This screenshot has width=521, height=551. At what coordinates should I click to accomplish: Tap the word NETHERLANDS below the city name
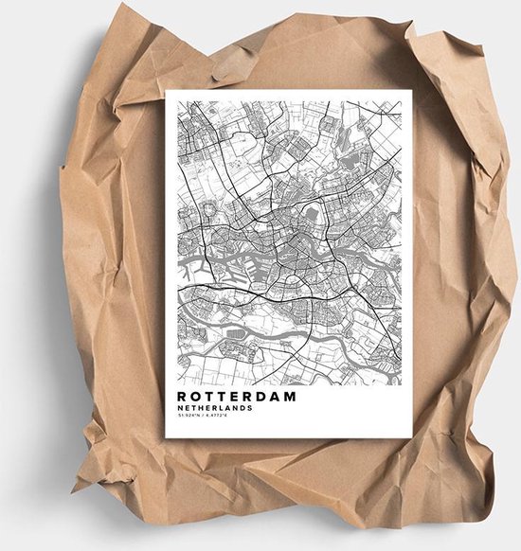(213, 408)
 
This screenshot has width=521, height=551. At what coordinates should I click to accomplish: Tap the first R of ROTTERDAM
(180, 397)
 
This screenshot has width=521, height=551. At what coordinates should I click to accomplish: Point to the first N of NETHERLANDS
(179, 408)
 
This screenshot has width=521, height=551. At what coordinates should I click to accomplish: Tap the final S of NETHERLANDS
(249, 408)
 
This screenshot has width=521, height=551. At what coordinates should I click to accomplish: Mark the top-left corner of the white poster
(167, 91)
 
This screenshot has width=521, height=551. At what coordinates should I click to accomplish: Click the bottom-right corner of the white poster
(412, 437)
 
